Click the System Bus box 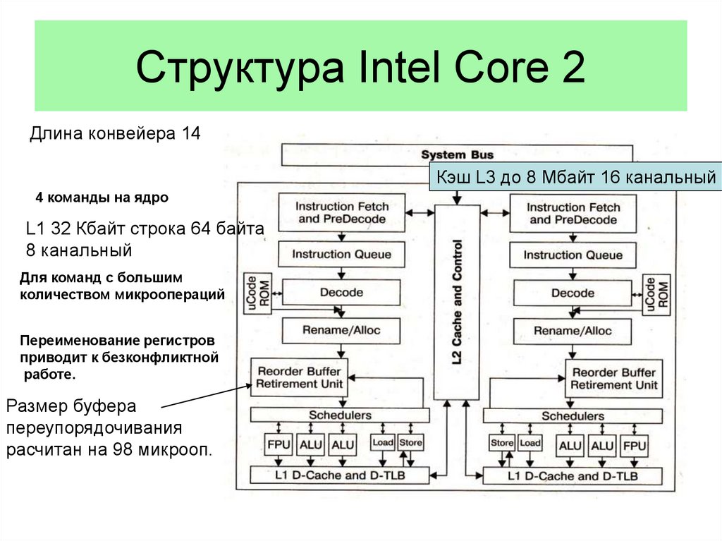[x=457, y=155]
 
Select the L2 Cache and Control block [x=457, y=303]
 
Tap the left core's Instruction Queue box [x=342, y=255]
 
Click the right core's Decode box [x=573, y=293]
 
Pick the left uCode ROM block [x=258, y=293]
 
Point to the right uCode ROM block [x=656, y=294]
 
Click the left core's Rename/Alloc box [x=341, y=330]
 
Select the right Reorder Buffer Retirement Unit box [x=614, y=379]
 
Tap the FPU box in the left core [x=279, y=444]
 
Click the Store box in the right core [x=501, y=443]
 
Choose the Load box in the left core [x=383, y=443]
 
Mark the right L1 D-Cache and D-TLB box [x=573, y=476]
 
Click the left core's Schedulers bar [x=340, y=415]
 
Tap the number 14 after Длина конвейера [x=191, y=133]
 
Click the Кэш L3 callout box [x=575, y=176]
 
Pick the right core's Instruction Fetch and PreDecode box [x=573, y=213]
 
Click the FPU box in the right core [x=634, y=446]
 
